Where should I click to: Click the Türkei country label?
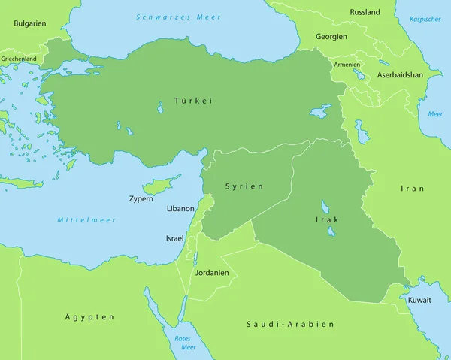(193, 100)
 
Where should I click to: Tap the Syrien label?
(243, 186)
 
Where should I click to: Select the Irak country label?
(327, 219)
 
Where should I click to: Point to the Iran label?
(412, 189)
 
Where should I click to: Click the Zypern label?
(141, 200)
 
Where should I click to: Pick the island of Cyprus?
(160, 184)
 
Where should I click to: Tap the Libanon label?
(180, 209)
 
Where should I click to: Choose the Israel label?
(174, 238)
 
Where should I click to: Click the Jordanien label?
(211, 273)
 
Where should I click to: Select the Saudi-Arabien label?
(289, 324)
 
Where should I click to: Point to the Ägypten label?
(89, 316)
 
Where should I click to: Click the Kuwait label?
(419, 300)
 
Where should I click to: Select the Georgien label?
(331, 36)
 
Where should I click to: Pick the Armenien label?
(347, 65)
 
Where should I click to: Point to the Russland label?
(365, 12)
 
